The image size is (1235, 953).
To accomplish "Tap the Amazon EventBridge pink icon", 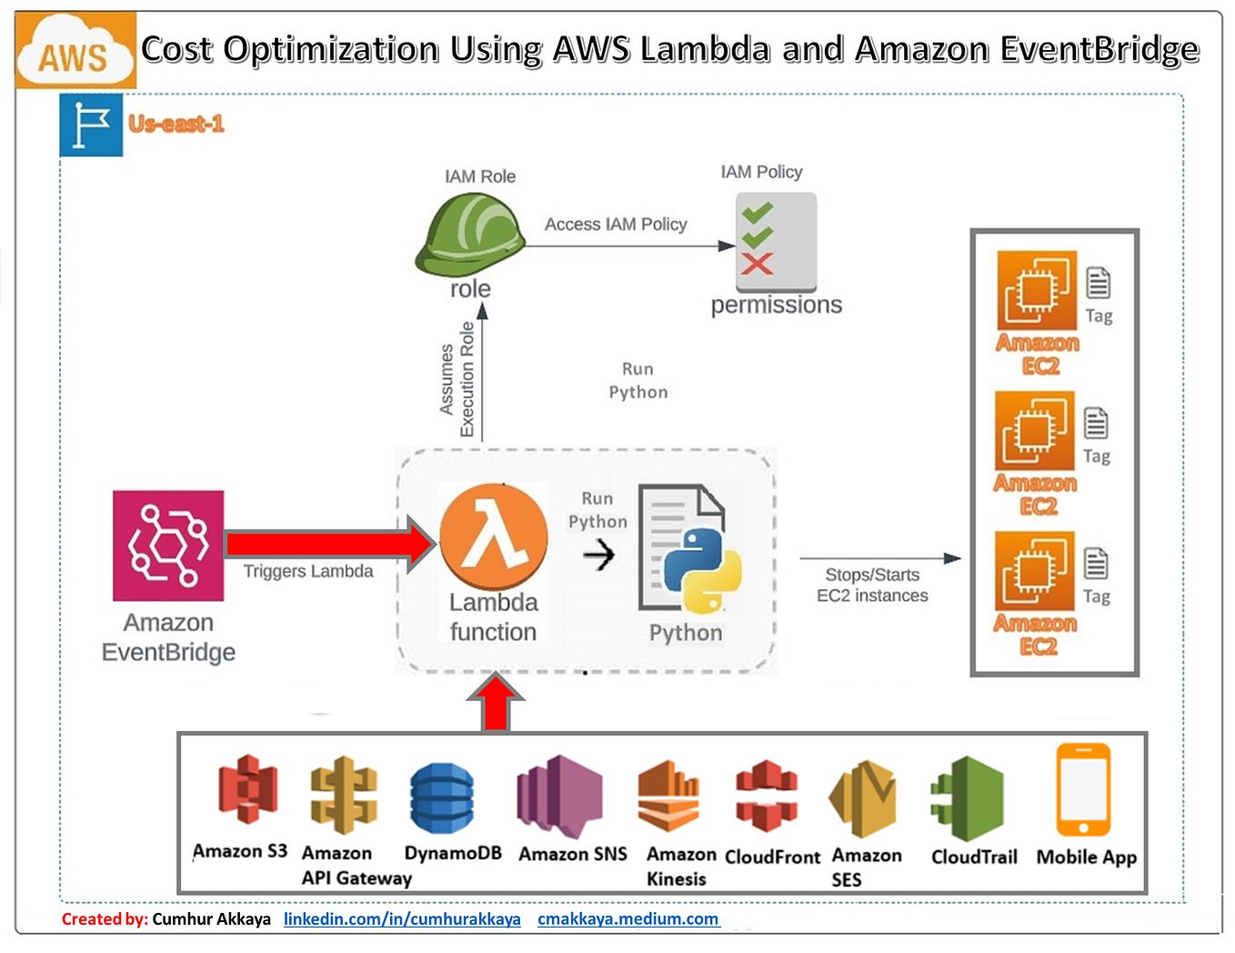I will pyautogui.click(x=168, y=546).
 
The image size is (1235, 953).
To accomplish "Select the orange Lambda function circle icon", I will pyautogui.click(x=494, y=538).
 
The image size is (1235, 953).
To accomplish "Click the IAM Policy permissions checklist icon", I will pyautogui.click(x=776, y=241).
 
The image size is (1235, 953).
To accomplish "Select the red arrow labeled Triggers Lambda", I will pyautogui.click(x=328, y=544).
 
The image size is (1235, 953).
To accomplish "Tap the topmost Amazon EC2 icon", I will pyautogui.click(x=1037, y=290).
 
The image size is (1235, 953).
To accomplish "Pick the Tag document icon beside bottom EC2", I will pyautogui.click(x=1096, y=564).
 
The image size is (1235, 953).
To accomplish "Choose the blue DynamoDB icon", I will pyautogui.click(x=442, y=798).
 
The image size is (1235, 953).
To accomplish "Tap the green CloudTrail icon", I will pyautogui.click(x=968, y=798).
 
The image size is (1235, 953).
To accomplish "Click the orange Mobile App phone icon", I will pyautogui.click(x=1083, y=789).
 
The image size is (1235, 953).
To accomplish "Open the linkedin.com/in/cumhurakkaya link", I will pyautogui.click(x=402, y=918).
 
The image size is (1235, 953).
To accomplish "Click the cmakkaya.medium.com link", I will pyautogui.click(x=628, y=918).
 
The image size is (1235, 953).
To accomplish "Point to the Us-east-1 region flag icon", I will pyautogui.click(x=91, y=125).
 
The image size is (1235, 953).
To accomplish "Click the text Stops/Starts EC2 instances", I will pyautogui.click(x=872, y=585).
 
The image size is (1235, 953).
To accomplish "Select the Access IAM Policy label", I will pyautogui.click(x=616, y=224).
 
